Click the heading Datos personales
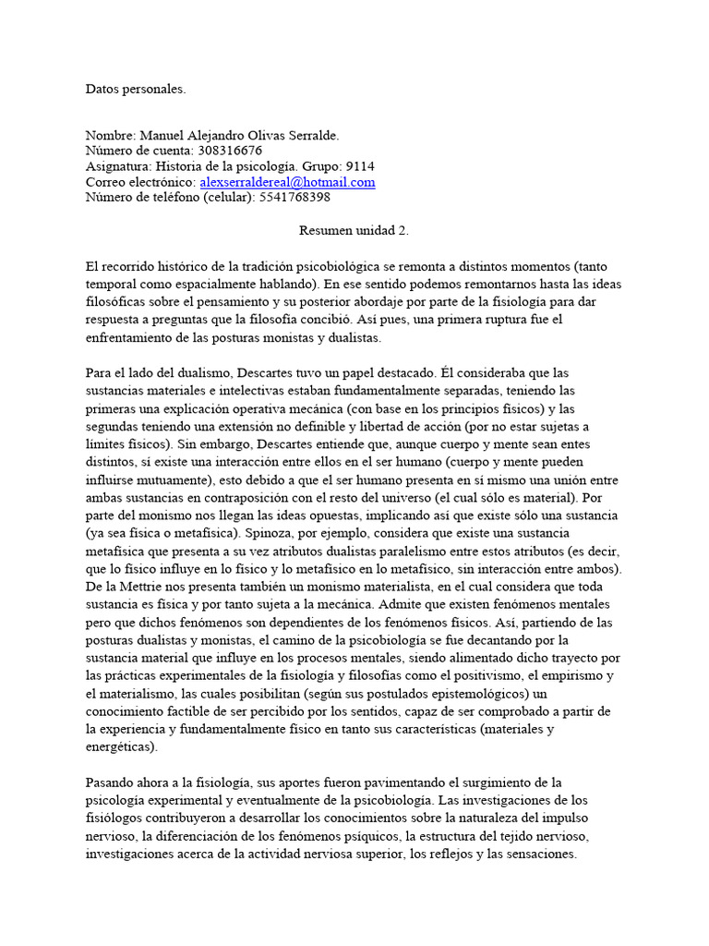click(135, 90)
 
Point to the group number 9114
click(360, 166)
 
